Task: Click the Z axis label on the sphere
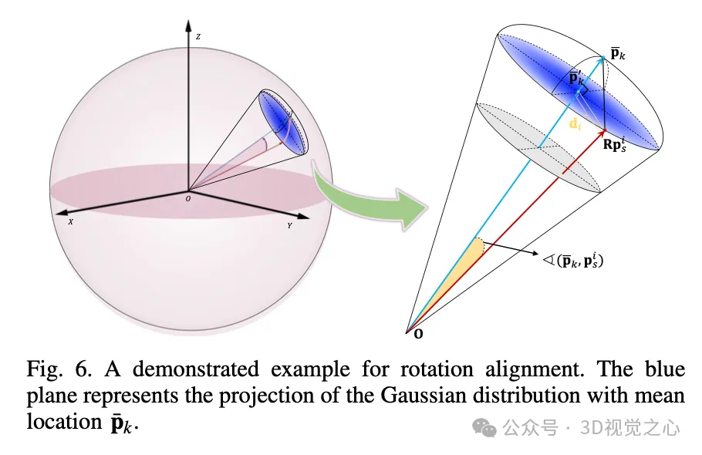198,36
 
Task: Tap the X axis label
70,221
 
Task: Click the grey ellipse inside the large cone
538,147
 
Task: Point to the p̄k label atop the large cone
617,54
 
